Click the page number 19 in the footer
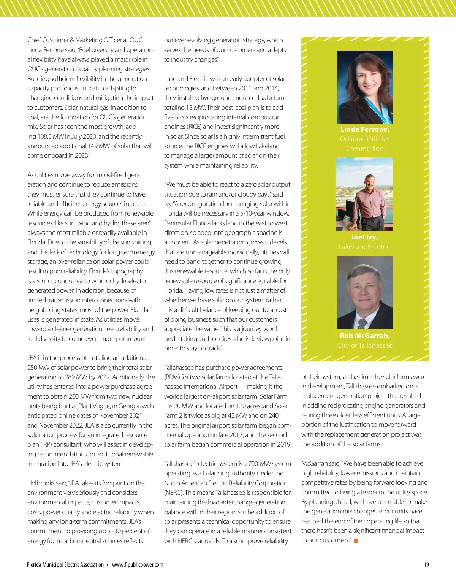click(x=426, y=565)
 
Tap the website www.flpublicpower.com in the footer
click(x=138, y=565)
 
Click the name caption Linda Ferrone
click(x=365, y=129)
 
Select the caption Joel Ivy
click(x=364, y=237)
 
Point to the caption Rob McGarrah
click(x=365, y=336)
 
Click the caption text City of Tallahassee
click(x=365, y=345)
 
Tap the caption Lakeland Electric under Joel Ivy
click(x=364, y=247)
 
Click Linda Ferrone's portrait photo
click(x=365, y=87)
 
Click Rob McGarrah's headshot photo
click(x=365, y=292)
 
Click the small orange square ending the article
click(x=356, y=540)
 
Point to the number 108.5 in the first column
click(x=47, y=136)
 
